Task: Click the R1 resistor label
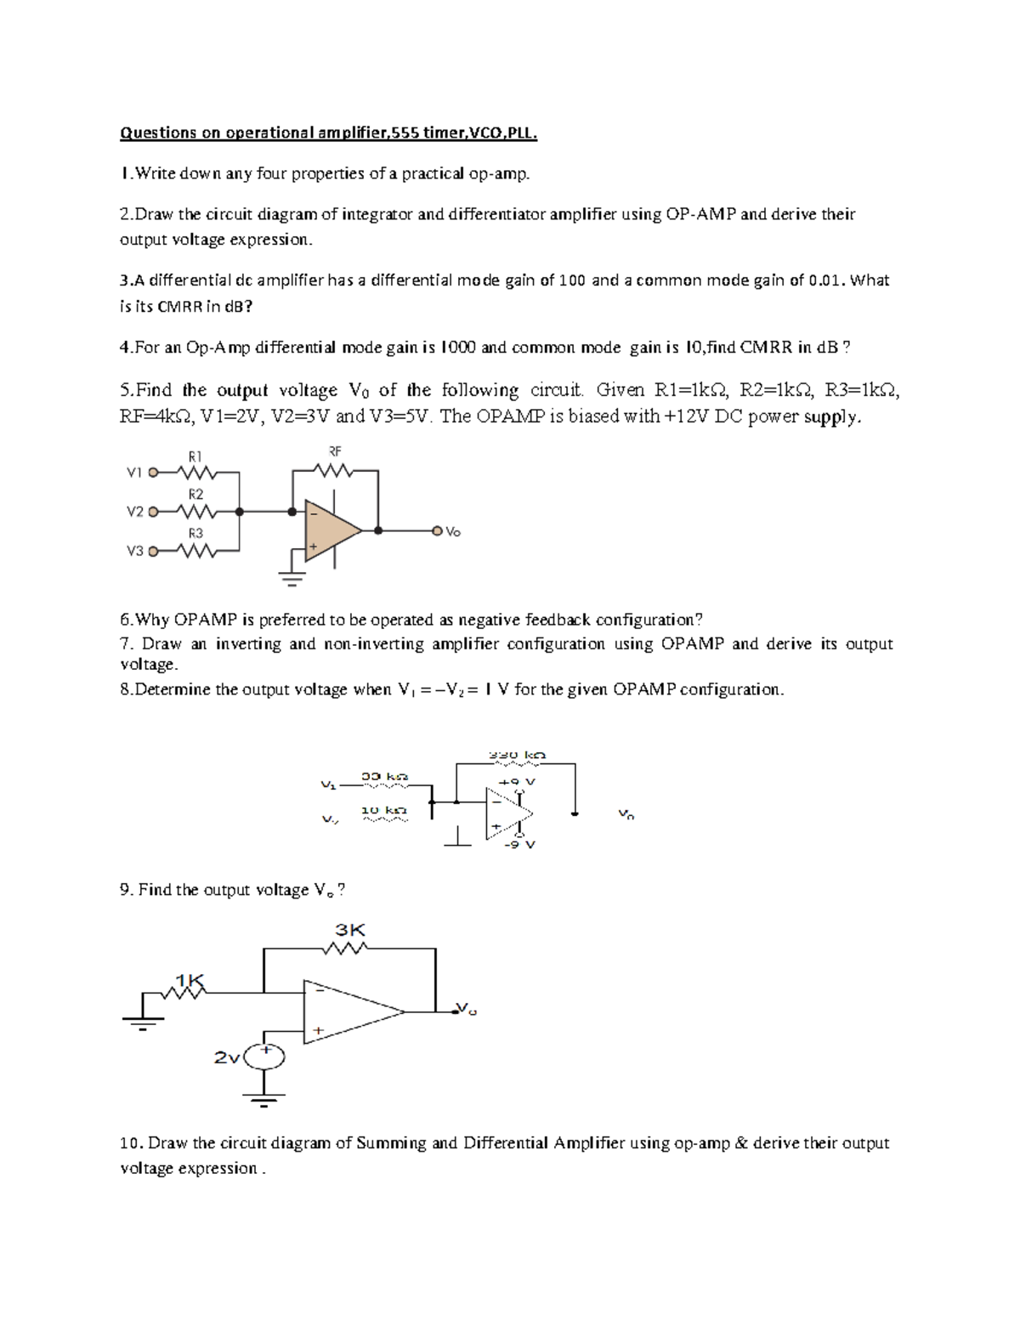pyautogui.click(x=195, y=456)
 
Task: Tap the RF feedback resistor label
pyautogui.click(x=334, y=451)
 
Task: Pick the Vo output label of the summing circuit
pyautogui.click(x=453, y=532)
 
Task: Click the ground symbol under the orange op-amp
pyautogui.click(x=292, y=581)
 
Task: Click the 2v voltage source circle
pyautogui.click(x=264, y=1057)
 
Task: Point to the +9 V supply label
pyautogui.click(x=517, y=781)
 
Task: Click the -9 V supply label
pyautogui.click(x=518, y=844)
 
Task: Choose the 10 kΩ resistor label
pyautogui.click(x=384, y=810)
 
